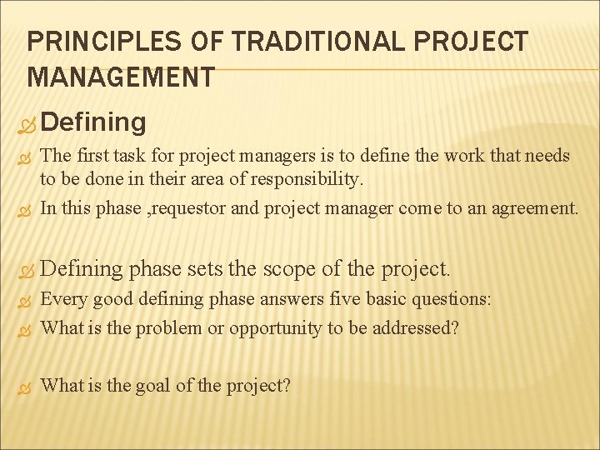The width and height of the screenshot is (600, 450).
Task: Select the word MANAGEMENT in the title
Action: click(121, 78)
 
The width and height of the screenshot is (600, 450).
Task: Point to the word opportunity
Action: click(276, 328)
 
